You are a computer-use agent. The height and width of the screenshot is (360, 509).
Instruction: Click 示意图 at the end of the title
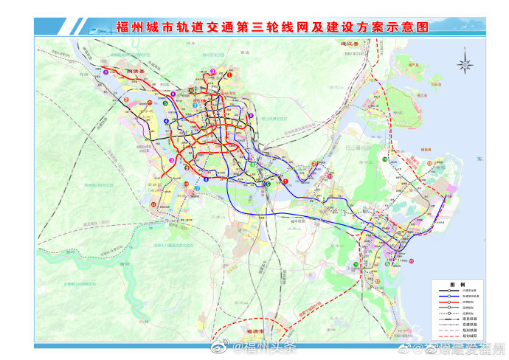[409, 27]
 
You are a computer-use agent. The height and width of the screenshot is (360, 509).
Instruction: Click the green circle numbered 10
[385, 159]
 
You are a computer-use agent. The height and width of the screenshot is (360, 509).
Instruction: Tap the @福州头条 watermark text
[257, 348]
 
